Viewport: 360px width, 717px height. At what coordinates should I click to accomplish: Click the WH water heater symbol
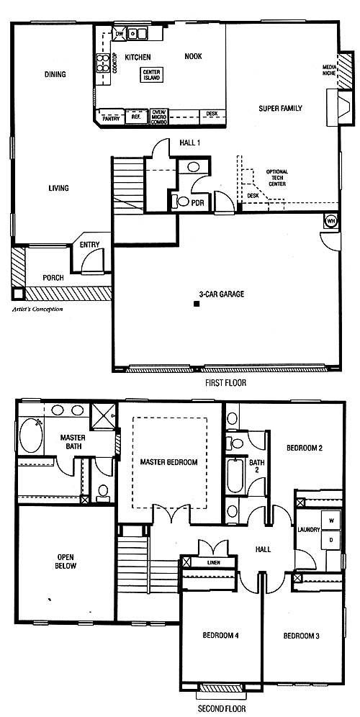[x=330, y=221]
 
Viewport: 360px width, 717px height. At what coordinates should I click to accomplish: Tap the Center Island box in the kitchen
[x=151, y=75]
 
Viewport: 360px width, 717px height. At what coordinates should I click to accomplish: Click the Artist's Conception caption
[x=37, y=309]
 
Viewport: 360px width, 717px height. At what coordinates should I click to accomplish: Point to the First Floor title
[x=225, y=383]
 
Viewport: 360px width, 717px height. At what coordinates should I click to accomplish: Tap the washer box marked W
[x=330, y=520]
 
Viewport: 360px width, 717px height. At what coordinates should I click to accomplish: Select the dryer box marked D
[x=330, y=540]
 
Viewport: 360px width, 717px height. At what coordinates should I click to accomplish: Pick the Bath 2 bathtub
[x=235, y=476]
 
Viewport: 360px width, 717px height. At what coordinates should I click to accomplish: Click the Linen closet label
[x=213, y=562]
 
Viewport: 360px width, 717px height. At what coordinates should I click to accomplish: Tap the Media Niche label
[x=329, y=70]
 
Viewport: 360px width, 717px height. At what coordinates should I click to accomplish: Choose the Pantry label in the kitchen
[x=111, y=119]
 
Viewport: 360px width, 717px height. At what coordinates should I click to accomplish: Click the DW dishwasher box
[x=119, y=34]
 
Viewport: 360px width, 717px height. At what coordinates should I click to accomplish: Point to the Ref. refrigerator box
[x=136, y=117]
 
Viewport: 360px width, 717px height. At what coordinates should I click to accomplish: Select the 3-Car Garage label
[x=221, y=294]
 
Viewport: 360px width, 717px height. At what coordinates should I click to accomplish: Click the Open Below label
[x=67, y=561]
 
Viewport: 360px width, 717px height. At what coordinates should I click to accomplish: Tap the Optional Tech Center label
[x=276, y=178]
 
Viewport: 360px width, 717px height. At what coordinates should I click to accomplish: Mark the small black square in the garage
[x=197, y=304]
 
